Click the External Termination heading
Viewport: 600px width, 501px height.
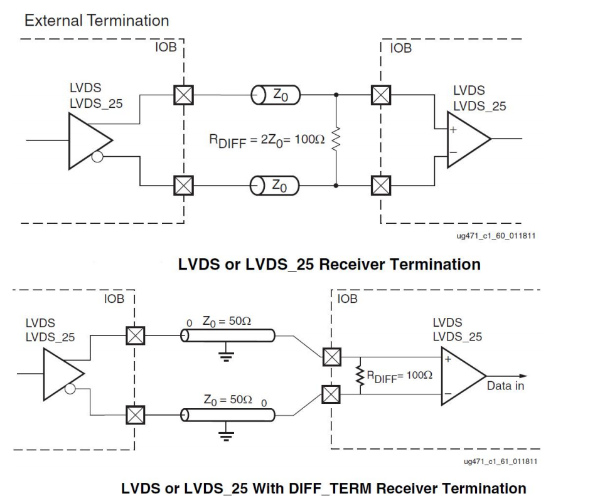coord(96,20)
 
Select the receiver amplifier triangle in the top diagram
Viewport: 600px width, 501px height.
coord(466,139)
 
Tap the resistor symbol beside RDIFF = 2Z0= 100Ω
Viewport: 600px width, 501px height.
coord(337,139)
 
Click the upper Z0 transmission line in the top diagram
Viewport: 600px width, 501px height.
coord(275,95)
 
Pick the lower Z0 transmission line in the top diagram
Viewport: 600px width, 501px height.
coord(275,186)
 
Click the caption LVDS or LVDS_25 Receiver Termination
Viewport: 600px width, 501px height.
coord(329,264)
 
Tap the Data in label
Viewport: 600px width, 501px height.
coord(505,386)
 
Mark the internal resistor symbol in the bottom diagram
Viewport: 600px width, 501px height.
coord(360,376)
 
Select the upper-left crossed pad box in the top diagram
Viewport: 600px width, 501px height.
coord(183,95)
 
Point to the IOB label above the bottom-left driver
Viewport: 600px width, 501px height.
coord(114,299)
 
